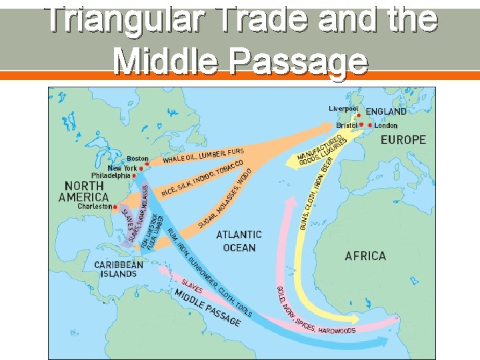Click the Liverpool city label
343,108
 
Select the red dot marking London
370,125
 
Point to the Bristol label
347,125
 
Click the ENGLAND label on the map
386,111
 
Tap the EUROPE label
403,140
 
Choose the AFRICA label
365,256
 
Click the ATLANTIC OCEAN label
239,241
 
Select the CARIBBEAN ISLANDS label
119,269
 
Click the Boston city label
137,159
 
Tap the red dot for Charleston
115,207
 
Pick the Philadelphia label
111,176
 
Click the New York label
122,168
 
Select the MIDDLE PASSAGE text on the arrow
207,307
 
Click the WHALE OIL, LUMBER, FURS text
203,155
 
